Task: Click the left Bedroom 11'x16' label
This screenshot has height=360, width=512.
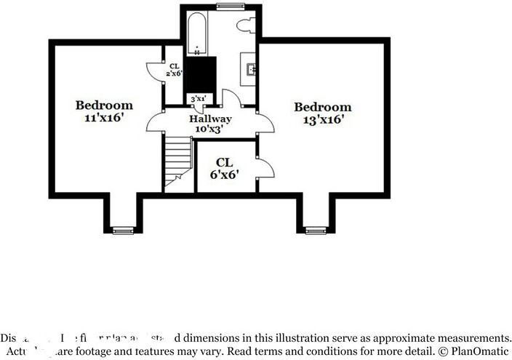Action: tap(105, 111)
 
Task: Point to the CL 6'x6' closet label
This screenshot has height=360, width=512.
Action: tap(225, 169)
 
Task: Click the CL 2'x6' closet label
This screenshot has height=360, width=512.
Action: tap(173, 69)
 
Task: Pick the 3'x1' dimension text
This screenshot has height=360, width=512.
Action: tap(197, 98)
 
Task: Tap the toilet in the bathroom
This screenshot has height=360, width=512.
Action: tap(245, 25)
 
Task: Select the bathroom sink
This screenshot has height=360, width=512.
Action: tap(251, 70)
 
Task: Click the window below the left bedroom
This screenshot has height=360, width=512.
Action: tap(124, 231)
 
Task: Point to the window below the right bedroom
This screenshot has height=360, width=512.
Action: tap(316, 231)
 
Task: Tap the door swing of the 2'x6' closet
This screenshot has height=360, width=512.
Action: tap(155, 71)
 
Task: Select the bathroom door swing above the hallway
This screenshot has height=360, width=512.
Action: tap(231, 100)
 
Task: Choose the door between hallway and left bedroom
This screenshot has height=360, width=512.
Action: tap(156, 121)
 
